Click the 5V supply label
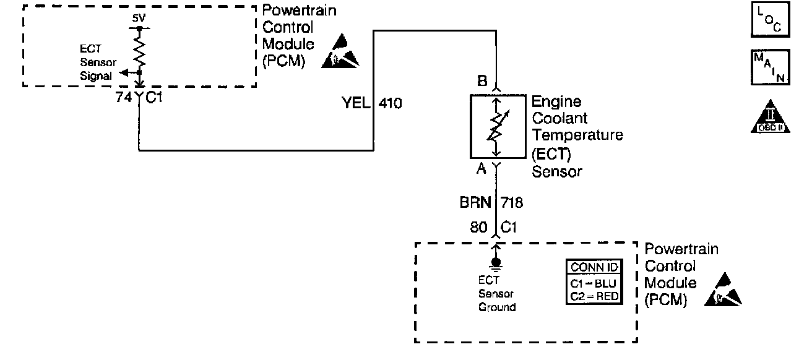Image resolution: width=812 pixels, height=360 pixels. (139, 18)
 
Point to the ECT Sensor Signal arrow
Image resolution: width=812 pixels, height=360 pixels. (130, 73)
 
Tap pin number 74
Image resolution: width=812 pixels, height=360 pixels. (124, 97)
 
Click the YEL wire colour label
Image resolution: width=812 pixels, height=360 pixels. (356, 103)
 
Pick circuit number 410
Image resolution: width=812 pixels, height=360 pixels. (390, 103)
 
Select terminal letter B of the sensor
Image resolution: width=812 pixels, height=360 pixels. (482, 81)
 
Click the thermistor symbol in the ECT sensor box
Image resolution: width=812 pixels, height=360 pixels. (497, 126)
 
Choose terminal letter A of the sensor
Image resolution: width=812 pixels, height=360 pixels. (481, 168)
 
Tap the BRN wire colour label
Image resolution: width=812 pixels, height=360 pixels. (475, 202)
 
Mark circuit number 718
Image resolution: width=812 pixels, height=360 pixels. (512, 203)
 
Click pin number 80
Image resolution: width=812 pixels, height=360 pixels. (478, 228)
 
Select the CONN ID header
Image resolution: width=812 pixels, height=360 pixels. (594, 267)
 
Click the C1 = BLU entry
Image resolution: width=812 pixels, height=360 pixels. (594, 283)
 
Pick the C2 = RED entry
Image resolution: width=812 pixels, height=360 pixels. (594, 296)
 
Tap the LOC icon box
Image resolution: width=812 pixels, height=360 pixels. (771, 19)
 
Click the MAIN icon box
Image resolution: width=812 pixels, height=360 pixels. (771, 67)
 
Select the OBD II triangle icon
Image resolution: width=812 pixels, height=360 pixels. (771, 117)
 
